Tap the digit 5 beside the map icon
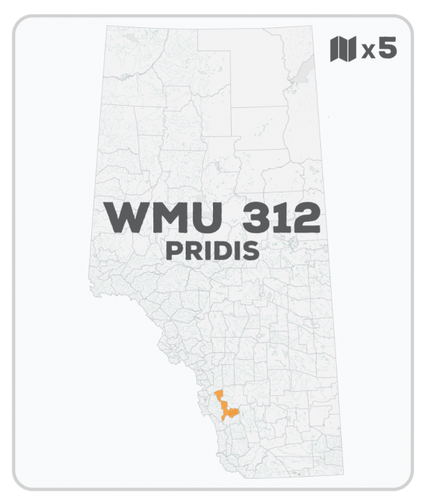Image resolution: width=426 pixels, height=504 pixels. click(x=386, y=49)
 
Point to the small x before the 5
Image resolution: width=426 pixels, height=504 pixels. click(x=367, y=51)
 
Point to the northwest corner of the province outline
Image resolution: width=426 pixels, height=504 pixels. click(x=106, y=27)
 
